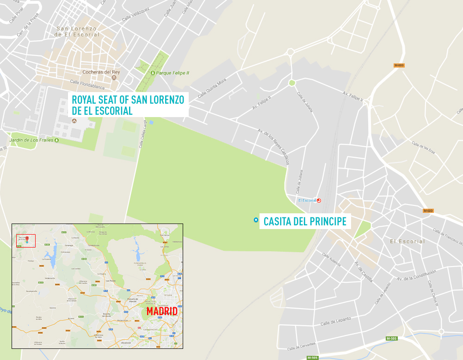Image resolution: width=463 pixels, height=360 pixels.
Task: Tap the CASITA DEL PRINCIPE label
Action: coord(305,222)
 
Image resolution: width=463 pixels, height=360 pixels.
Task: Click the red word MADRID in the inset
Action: coord(162,311)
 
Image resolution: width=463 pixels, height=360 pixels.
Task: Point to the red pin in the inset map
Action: coord(27,239)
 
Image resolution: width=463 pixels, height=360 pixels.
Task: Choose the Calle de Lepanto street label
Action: coord(335,321)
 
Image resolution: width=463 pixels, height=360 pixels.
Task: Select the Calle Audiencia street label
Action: coord(331,260)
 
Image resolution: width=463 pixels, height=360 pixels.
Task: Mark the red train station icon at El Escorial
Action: coord(319,200)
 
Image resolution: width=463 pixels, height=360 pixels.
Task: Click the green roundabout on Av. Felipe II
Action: coord(291,83)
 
